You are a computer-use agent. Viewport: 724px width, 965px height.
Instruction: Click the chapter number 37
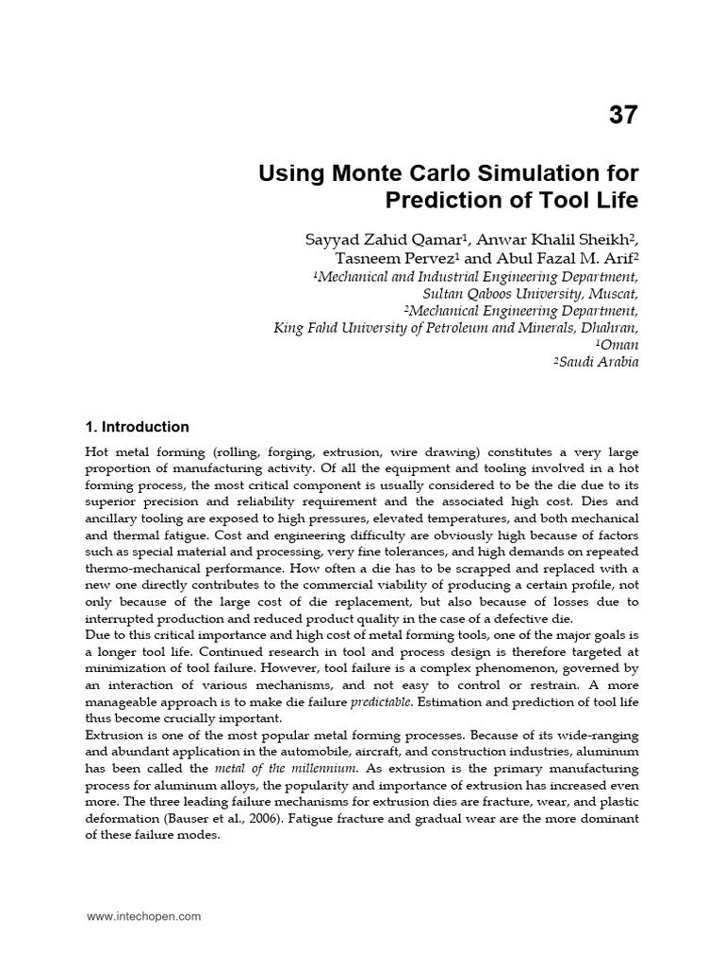pos(623,116)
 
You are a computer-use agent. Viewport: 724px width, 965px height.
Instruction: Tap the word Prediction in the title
pos(443,201)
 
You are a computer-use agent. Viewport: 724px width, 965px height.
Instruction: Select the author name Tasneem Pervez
pos(384,259)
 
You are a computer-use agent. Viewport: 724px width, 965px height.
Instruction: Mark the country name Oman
pos(621,345)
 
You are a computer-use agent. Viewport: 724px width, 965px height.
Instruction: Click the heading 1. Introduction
pos(137,427)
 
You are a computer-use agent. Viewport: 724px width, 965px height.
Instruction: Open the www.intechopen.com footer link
pos(143,915)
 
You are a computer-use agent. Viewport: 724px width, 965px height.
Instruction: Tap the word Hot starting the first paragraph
pos(97,453)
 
